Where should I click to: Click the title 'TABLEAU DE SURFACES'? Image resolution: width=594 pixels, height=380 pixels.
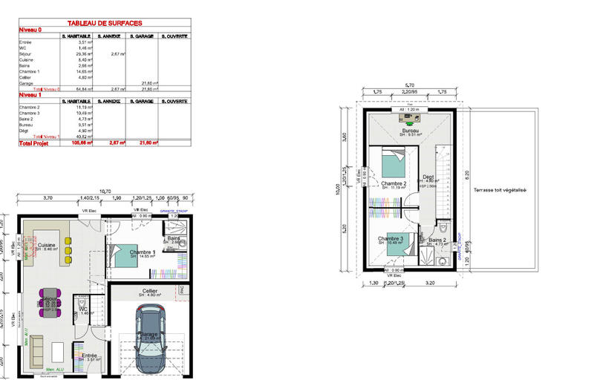click(105, 24)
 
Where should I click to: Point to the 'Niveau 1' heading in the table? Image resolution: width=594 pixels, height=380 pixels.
click(30, 95)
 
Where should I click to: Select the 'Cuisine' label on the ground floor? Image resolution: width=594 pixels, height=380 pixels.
click(48, 244)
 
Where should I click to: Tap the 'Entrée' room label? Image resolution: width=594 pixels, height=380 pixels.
click(89, 355)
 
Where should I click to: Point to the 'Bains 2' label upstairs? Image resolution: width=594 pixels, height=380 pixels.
click(437, 240)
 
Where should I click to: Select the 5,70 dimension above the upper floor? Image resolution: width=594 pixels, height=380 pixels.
click(409, 84)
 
